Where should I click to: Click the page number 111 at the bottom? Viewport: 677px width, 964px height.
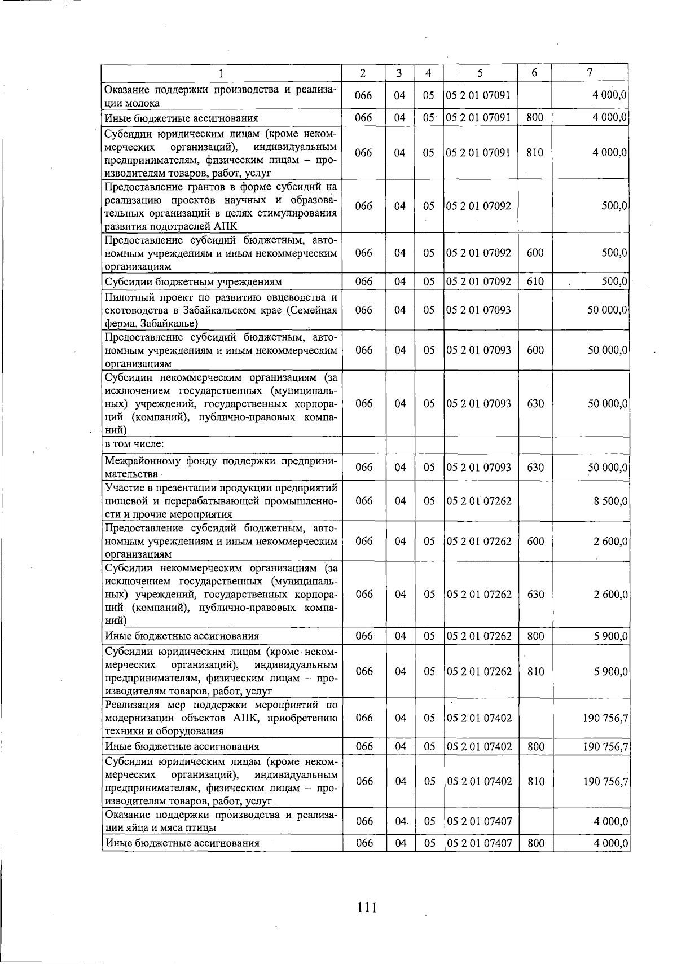[x=366, y=908]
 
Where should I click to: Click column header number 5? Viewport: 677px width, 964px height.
[x=480, y=73]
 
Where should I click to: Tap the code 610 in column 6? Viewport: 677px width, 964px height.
[x=534, y=281]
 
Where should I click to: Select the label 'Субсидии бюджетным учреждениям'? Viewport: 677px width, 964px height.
[x=194, y=281]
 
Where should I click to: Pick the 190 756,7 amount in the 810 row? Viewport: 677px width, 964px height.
[x=606, y=781]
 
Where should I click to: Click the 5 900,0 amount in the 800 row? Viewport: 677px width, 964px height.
[x=610, y=636]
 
